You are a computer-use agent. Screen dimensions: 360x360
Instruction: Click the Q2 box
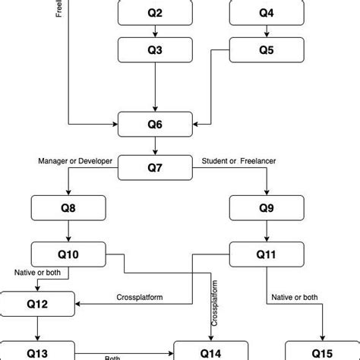155,13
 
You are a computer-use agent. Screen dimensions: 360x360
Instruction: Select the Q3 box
155,50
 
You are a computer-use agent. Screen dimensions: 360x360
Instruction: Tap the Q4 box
266,13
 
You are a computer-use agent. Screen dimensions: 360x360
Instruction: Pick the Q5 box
266,50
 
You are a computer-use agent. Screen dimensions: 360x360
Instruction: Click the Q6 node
155,124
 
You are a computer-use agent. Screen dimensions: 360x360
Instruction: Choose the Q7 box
155,167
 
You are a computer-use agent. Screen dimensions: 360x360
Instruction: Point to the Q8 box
68,207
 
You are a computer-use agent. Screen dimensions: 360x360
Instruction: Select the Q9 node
266,207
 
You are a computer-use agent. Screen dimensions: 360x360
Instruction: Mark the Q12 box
37,304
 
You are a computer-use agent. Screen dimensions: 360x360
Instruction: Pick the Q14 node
211,352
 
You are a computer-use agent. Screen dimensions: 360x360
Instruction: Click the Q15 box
322,352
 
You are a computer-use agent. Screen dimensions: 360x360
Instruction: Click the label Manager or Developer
75,161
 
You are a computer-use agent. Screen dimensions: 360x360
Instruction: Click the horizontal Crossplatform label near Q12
140,297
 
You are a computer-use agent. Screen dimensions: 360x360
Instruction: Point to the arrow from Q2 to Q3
155,31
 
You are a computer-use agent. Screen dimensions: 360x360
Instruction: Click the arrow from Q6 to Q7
155,146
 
